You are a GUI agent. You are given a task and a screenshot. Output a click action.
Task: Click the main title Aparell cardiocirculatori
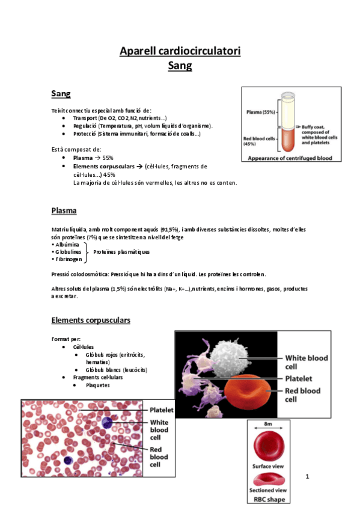180,51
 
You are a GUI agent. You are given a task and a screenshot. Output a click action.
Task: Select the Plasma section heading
64,211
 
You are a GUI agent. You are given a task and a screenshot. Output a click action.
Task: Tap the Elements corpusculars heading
90,320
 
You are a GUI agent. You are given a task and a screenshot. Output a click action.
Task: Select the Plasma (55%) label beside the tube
260,112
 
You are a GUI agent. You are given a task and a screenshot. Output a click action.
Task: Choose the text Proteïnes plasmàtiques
121,252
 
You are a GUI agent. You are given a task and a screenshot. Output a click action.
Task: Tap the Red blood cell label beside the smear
159,457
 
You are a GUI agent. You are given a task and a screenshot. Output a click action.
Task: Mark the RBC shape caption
269,499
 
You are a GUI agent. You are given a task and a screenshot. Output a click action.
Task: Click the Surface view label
269,466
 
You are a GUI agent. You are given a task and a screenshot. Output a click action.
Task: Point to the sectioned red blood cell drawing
269,480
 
